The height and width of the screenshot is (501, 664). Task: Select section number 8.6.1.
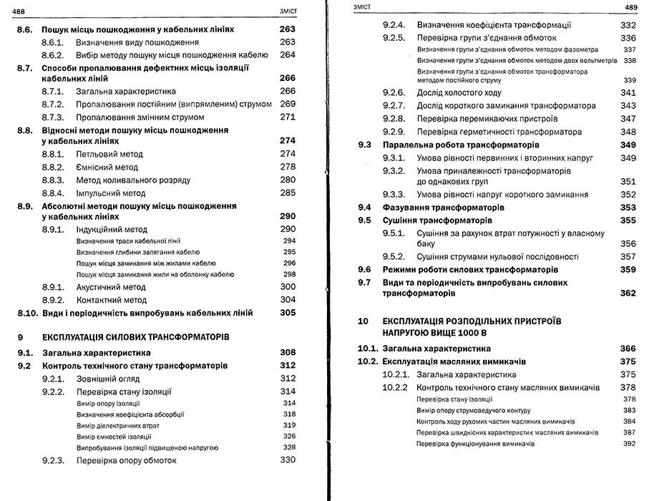[53, 43]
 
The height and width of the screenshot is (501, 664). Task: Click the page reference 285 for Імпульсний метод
[288, 193]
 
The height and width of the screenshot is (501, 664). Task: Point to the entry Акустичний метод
[111, 287]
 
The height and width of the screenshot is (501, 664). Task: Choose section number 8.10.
[26, 313]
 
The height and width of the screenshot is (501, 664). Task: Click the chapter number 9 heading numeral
[21, 337]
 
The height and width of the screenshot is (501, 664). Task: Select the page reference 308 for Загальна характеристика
[288, 353]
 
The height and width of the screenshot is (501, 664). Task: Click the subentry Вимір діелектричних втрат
[118, 425]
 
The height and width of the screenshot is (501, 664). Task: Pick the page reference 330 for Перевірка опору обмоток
[288, 460]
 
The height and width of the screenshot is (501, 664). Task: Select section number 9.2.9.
[394, 132]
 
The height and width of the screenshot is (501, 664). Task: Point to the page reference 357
[628, 257]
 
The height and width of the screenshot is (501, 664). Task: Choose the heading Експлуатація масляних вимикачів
[454, 361]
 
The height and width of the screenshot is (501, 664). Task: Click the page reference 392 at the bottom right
[629, 444]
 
